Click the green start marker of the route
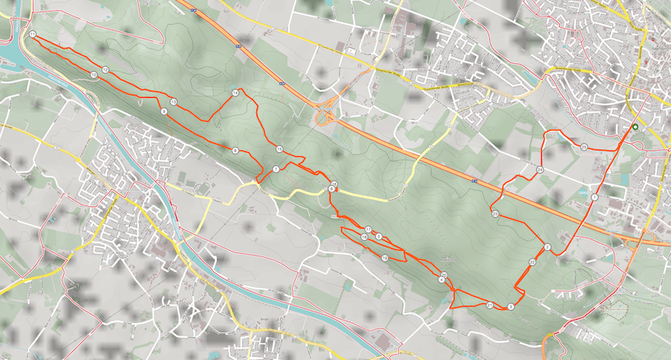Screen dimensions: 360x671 coord(634,127)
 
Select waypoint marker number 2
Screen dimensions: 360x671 coord(547,247)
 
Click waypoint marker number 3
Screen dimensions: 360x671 coord(511,307)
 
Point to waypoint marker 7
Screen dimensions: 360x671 coord(275,168)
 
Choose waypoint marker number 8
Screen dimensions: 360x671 coord(235,150)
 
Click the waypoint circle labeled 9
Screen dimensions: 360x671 coord(164,111)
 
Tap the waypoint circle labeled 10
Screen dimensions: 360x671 coord(95,75)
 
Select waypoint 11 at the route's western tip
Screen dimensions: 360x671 coord(31,35)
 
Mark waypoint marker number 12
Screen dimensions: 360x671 coord(106,70)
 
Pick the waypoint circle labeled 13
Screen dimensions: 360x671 coord(174,102)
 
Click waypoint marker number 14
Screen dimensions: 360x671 coord(235,93)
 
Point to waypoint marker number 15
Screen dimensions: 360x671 coord(280,149)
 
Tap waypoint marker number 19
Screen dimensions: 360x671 coord(385,258)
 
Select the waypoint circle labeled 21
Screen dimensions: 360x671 coord(489,305)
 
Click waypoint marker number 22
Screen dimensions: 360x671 coord(533,262)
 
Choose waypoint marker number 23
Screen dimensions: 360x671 coord(496,214)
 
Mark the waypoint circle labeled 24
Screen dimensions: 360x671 coord(539,169)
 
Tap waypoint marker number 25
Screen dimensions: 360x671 coord(584,147)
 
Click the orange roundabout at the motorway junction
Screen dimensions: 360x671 coord(324,119)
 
